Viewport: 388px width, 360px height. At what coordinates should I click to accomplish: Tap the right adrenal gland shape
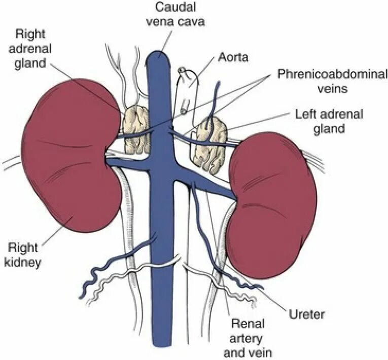pyautogui.click(x=135, y=129)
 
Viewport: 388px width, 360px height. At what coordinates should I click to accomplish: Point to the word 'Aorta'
pyautogui.click(x=233, y=57)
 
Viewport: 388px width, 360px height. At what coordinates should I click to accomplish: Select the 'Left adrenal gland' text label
pyautogui.click(x=329, y=121)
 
